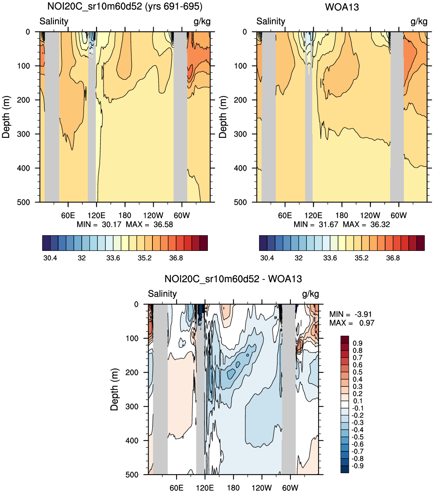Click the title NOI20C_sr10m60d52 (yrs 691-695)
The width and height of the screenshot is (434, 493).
click(125, 6)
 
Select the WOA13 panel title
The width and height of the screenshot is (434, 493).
click(342, 7)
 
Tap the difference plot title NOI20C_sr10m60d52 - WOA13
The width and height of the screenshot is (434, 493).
click(233, 279)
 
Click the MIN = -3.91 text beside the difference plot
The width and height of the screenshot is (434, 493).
click(350, 314)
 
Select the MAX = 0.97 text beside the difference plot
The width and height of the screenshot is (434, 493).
click(351, 323)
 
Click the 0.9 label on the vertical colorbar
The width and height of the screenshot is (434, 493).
click(358, 343)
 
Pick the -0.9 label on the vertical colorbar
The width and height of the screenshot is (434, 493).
click(357, 466)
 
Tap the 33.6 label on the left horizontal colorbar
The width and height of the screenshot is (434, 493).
click(113, 258)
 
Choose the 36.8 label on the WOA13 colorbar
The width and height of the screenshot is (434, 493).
click(393, 258)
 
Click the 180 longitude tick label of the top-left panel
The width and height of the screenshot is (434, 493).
click(125, 215)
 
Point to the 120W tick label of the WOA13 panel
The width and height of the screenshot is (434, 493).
click(370, 215)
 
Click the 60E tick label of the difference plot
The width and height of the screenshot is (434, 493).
click(177, 488)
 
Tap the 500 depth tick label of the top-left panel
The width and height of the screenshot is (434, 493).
click(23, 202)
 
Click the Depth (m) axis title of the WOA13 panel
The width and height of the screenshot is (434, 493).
click(223, 117)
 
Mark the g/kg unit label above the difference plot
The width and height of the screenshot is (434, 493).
click(310, 294)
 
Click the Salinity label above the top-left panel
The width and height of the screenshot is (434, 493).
click(54, 21)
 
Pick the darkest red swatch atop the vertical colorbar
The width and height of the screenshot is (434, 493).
click(345, 339)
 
